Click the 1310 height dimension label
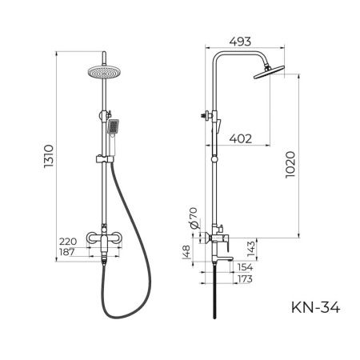[x=49, y=156]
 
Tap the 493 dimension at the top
[x=240, y=42]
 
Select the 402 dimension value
[x=241, y=138]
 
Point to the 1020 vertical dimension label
[x=290, y=165]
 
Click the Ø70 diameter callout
[x=194, y=218]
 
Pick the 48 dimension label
[x=186, y=252]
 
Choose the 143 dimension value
[x=251, y=249]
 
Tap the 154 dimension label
[x=245, y=266]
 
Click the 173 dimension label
[x=245, y=279]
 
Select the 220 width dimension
[x=68, y=242]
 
